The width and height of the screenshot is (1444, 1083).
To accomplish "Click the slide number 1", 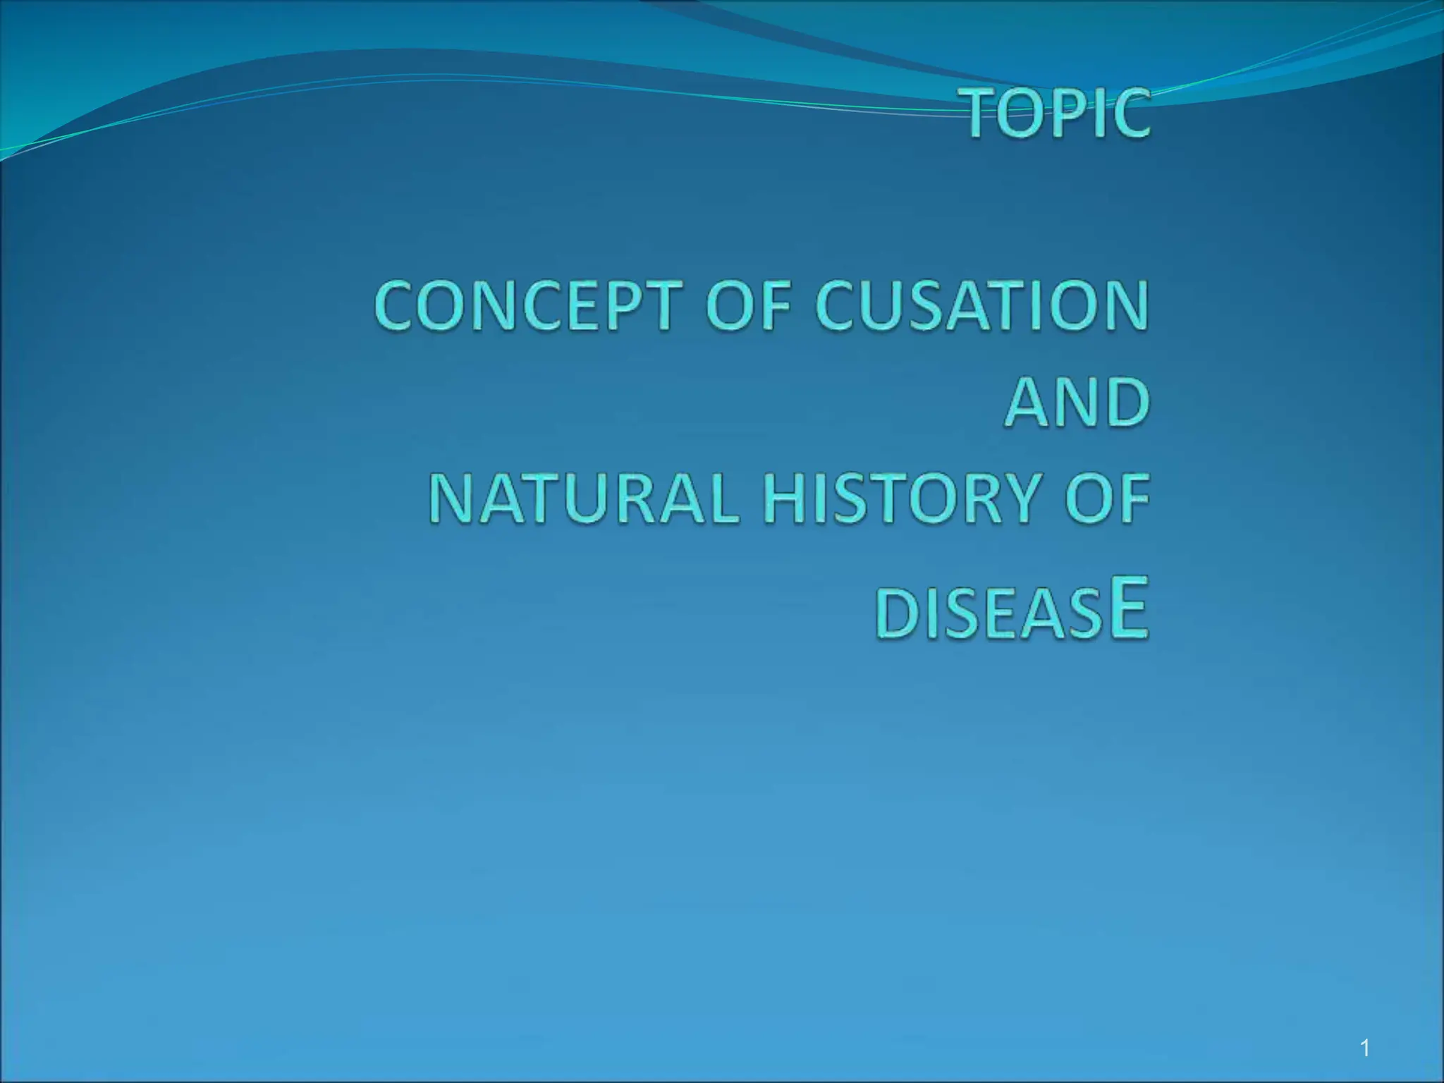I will (x=1366, y=1048).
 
